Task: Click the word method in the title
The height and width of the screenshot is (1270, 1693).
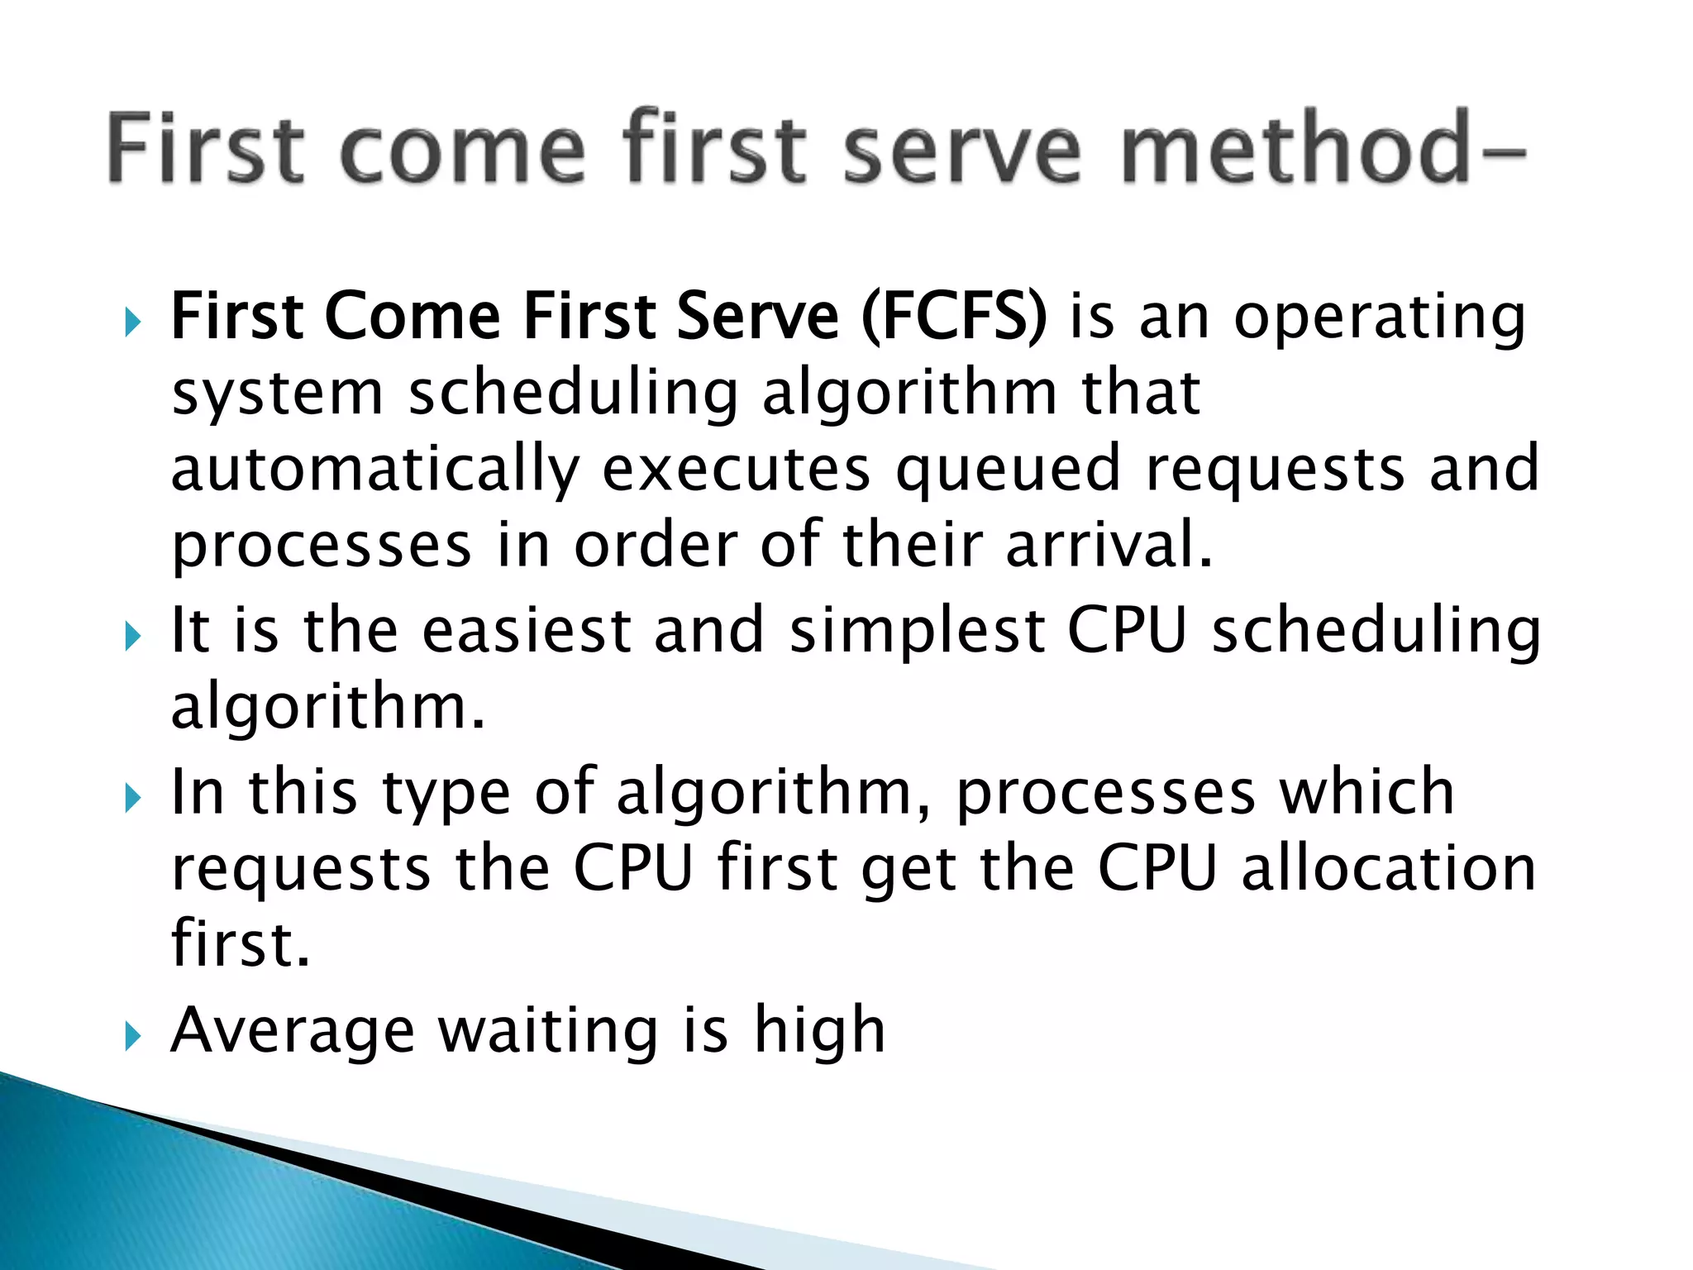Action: (x=1294, y=149)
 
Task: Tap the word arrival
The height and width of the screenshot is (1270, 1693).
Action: (x=1109, y=546)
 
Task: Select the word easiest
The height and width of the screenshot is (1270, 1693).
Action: (x=527, y=630)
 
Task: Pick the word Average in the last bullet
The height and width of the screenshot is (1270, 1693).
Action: (x=292, y=1031)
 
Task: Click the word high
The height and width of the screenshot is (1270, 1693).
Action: (x=818, y=1031)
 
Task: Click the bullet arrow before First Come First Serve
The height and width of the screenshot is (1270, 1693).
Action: (x=133, y=321)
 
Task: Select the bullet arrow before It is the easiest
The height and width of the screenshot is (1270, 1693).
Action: (x=133, y=636)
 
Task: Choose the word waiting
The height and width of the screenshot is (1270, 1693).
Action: (x=547, y=1031)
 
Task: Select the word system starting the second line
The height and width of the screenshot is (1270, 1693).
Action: (x=277, y=394)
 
